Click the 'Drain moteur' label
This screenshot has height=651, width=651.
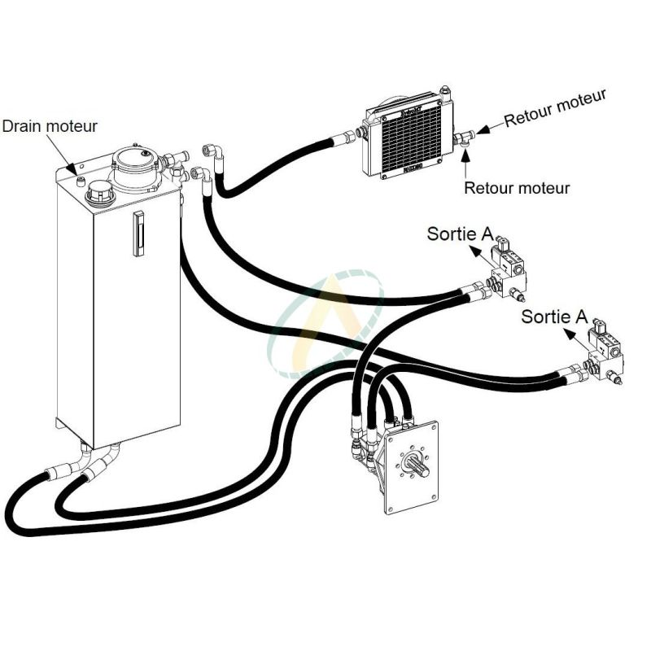50,126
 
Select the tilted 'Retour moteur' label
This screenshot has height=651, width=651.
555,108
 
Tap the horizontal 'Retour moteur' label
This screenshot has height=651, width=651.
517,188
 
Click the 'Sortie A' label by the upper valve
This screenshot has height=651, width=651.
460,234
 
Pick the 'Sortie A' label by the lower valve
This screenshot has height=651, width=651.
554,316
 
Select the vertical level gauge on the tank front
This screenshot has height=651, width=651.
138,234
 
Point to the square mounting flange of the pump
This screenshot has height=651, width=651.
411,467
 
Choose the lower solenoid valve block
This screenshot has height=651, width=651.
606,354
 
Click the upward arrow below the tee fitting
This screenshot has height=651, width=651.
465,162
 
